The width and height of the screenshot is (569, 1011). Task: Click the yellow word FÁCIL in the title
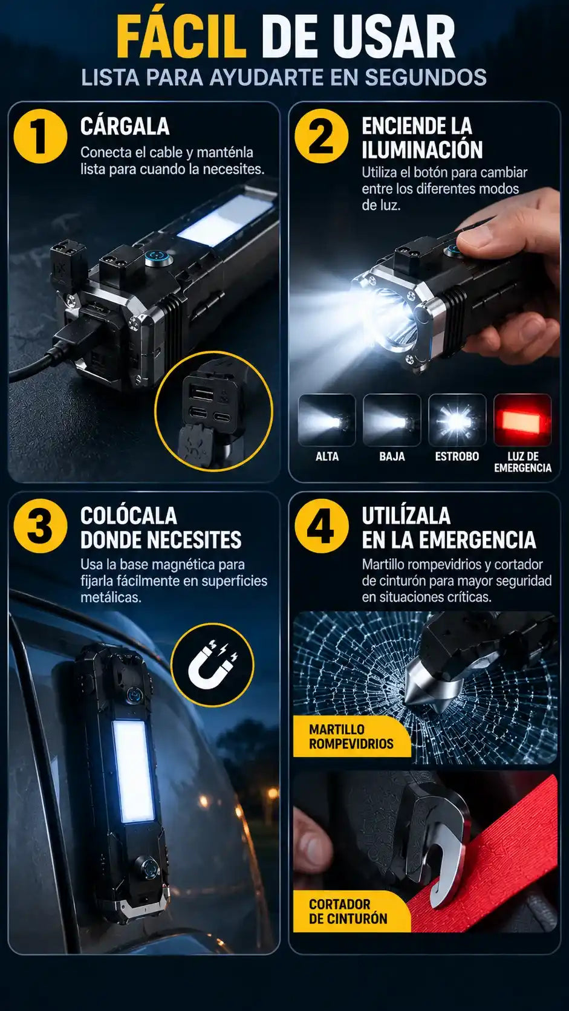point(181,36)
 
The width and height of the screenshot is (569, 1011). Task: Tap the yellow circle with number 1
point(41,136)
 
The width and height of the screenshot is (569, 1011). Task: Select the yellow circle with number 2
point(322,136)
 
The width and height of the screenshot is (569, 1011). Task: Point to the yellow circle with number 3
point(41,526)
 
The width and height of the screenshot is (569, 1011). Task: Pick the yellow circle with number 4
point(322,526)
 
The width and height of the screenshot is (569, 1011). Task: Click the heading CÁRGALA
point(125,126)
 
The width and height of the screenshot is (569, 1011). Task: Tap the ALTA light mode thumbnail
point(327,420)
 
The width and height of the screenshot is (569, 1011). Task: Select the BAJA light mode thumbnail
point(392,420)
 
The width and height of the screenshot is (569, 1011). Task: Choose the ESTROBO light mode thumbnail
point(457,420)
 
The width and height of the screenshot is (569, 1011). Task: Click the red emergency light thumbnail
point(522,420)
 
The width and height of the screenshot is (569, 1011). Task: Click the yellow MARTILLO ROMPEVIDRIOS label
point(351,736)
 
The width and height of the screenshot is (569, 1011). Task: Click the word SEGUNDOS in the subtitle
point(426,77)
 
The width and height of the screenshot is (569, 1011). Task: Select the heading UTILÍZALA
point(406,516)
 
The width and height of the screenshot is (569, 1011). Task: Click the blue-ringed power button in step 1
point(157,259)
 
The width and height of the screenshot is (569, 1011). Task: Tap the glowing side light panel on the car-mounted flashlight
point(133,772)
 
